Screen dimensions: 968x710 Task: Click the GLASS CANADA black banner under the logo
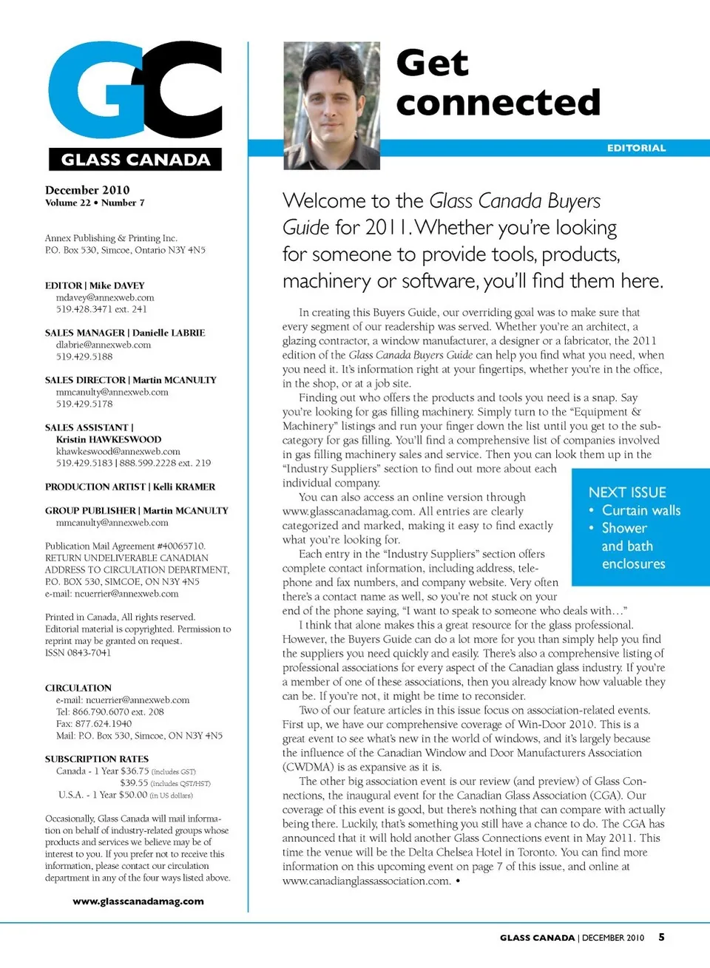(x=135, y=160)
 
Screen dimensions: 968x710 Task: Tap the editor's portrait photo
(x=331, y=106)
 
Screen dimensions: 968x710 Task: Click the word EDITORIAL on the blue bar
(x=636, y=148)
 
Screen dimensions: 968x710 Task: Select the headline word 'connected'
(x=498, y=103)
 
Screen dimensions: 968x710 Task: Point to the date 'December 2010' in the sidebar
(x=87, y=190)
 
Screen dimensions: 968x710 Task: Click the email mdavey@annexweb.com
(x=105, y=297)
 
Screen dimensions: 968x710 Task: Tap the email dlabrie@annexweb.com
(x=104, y=345)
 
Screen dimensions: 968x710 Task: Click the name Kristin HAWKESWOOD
(x=109, y=439)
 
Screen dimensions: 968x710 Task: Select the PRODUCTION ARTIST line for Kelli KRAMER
(x=130, y=487)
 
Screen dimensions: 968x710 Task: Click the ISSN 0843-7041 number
(x=78, y=652)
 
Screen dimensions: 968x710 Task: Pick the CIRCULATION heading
(x=78, y=688)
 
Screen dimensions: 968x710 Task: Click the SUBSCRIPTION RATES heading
(x=97, y=759)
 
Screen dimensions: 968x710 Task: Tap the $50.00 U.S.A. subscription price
(x=133, y=794)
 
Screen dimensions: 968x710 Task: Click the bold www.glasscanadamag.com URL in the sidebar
(x=138, y=901)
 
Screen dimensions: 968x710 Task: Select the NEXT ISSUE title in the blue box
(x=627, y=493)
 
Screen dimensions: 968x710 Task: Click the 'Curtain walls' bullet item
(x=640, y=510)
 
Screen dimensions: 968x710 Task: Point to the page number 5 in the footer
(x=661, y=937)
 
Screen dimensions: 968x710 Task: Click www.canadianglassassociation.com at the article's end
(x=366, y=881)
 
